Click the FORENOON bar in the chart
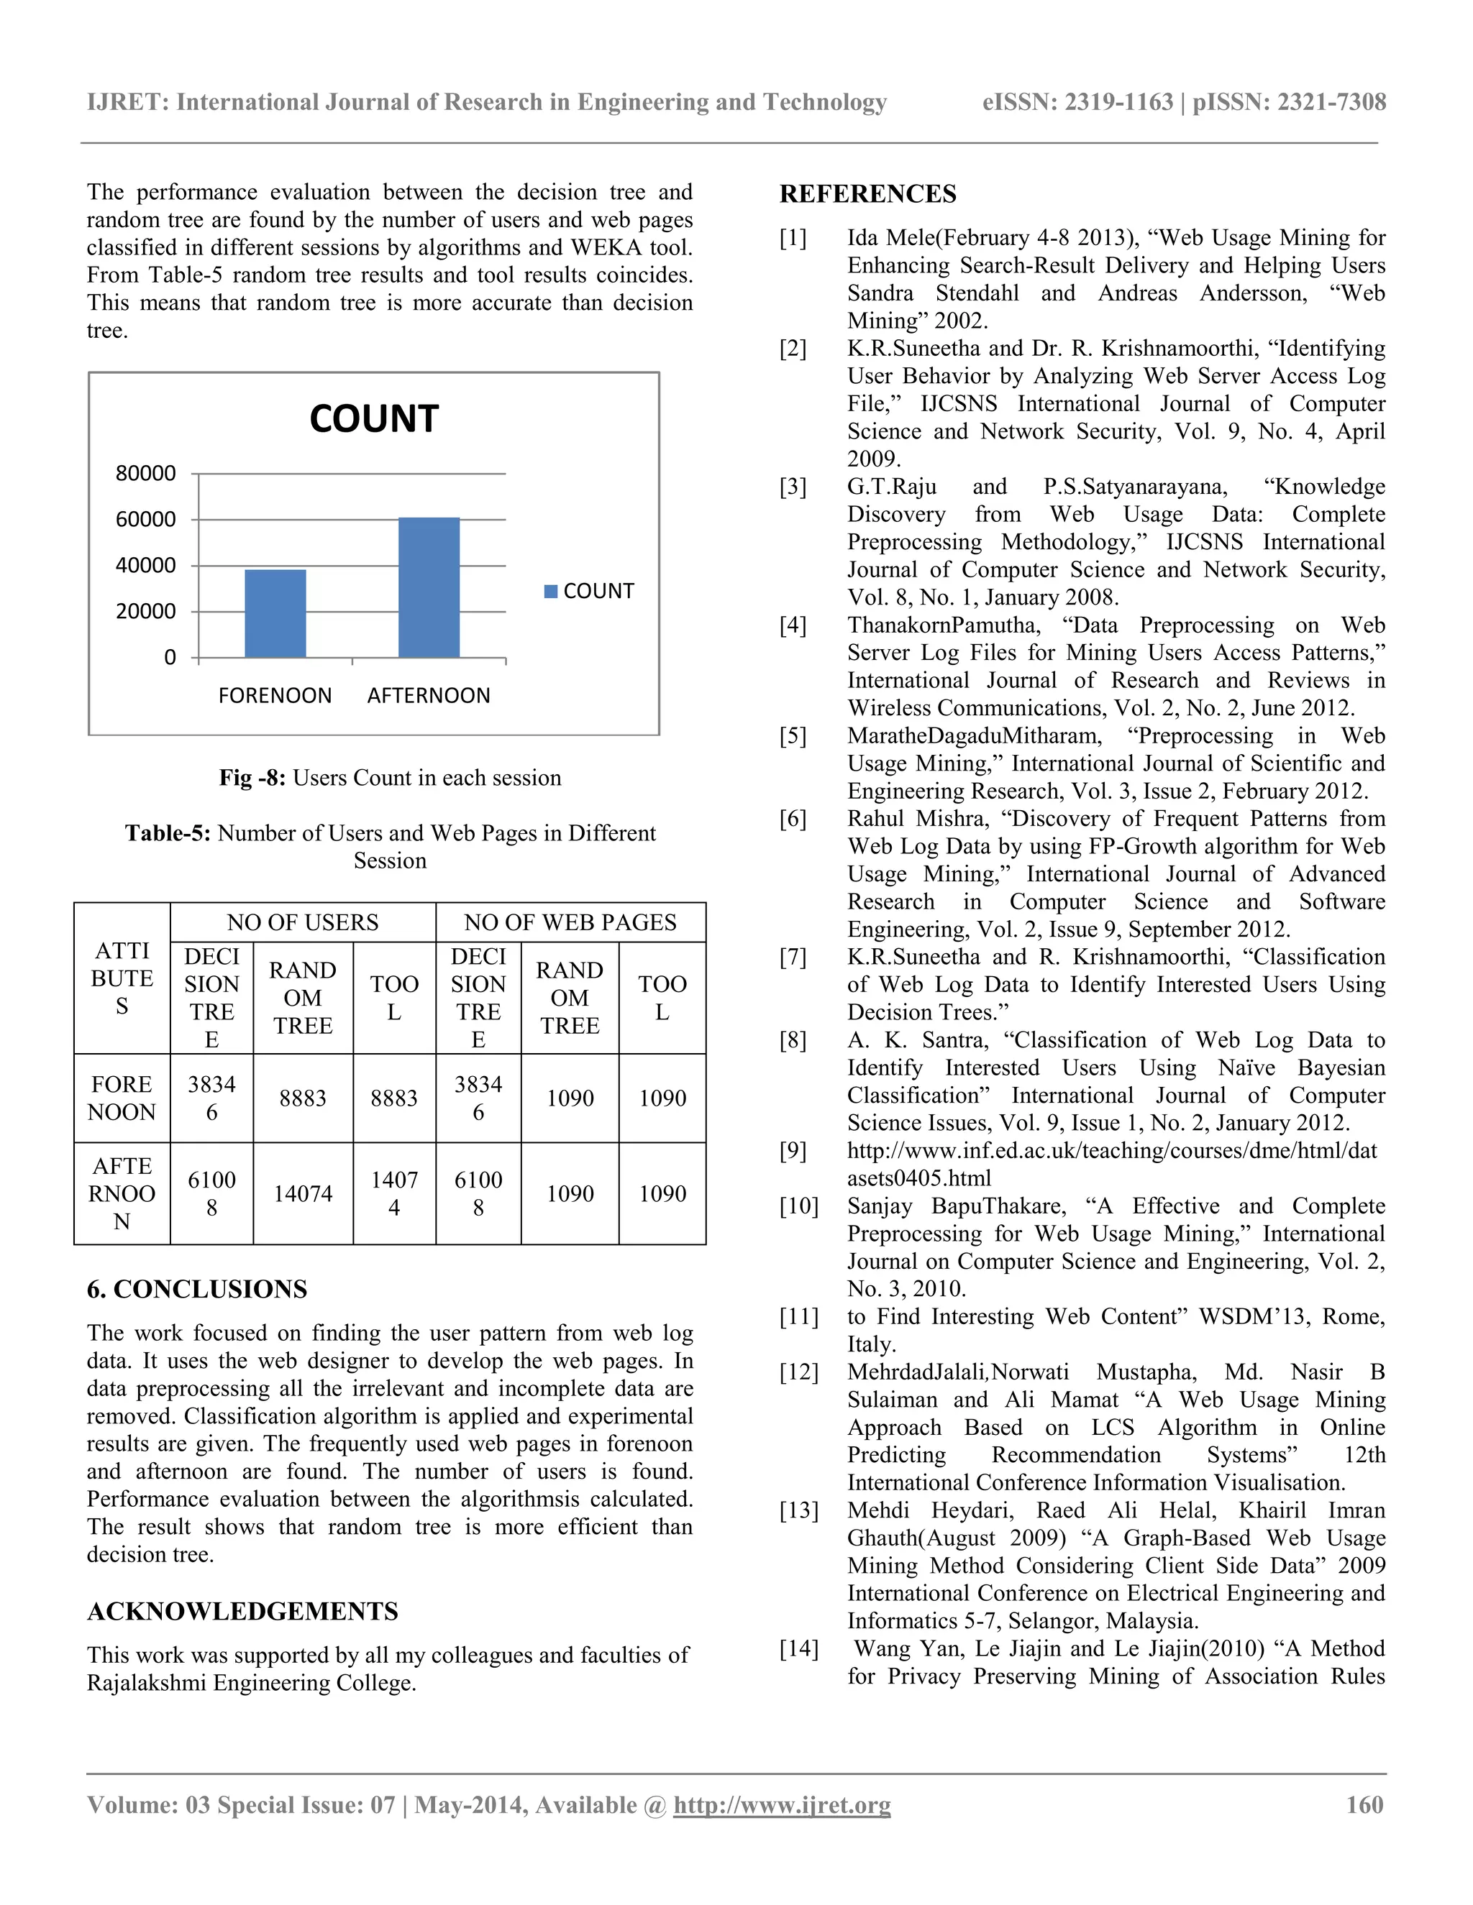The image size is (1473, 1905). click(275, 613)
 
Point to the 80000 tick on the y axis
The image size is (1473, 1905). click(146, 474)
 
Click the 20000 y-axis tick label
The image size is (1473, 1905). click(146, 612)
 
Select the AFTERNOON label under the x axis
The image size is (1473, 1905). click(429, 696)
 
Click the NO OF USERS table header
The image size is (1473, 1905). click(302, 923)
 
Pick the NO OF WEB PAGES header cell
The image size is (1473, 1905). click(570, 923)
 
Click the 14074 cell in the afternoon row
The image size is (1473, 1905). click(302, 1194)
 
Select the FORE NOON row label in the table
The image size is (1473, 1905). click(122, 1098)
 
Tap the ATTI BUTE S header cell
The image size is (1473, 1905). click(122, 978)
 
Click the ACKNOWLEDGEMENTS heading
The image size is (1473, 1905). click(242, 1611)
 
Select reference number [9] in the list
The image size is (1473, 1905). click(793, 1152)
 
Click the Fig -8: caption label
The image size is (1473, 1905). click(252, 778)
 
